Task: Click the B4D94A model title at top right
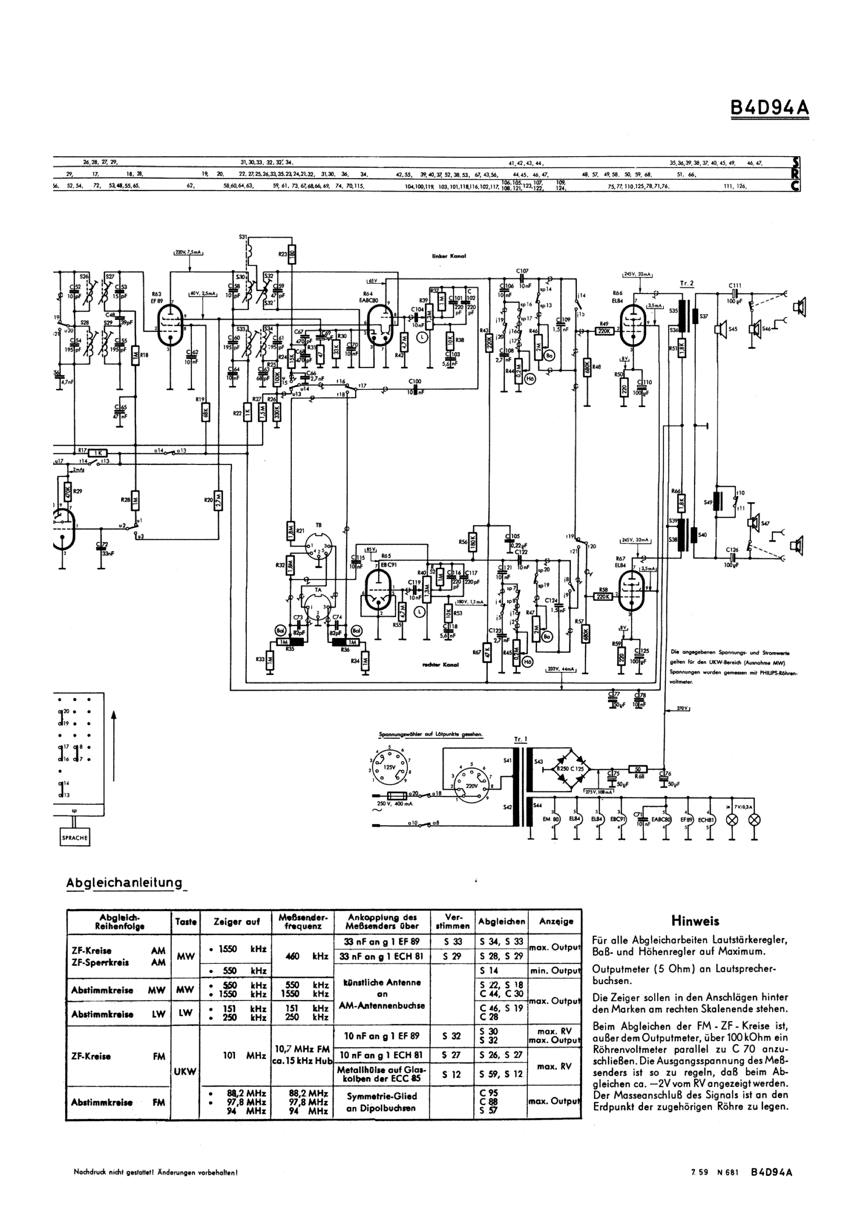click(769, 108)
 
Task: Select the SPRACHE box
click(74, 837)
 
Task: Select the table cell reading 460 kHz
click(303, 956)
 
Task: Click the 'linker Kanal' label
click(449, 256)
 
